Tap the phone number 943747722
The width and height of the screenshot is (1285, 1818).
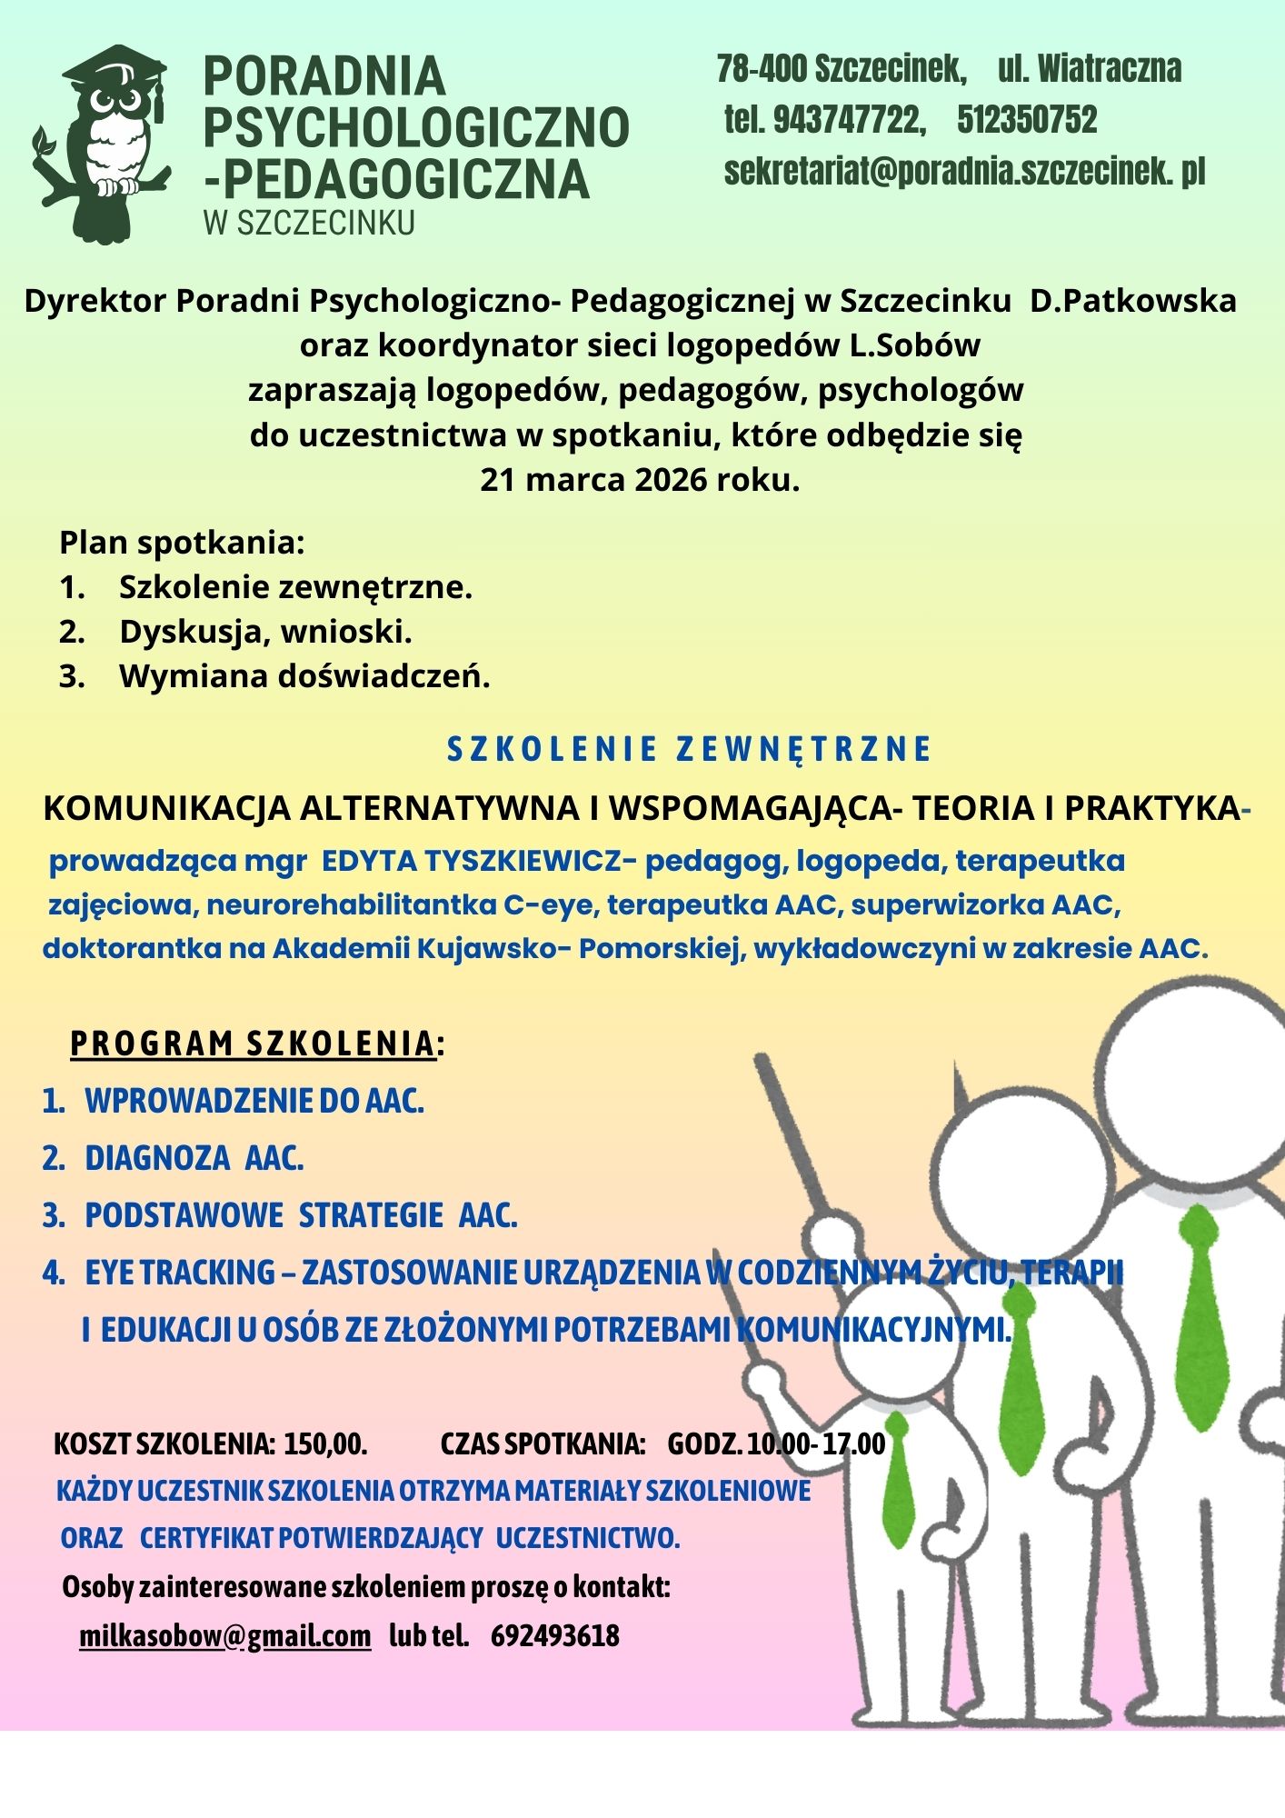pyautogui.click(x=848, y=120)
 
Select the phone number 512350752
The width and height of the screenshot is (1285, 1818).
pyautogui.click(x=1027, y=120)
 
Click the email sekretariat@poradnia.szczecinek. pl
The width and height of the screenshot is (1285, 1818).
pyautogui.click(x=964, y=172)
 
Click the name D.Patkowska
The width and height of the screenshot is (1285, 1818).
pyautogui.click(x=1132, y=301)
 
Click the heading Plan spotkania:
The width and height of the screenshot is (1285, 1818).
pyautogui.click(x=182, y=543)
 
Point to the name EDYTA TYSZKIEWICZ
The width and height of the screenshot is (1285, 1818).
pyautogui.click(x=470, y=861)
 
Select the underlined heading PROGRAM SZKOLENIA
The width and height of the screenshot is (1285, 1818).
pyautogui.click(x=253, y=1044)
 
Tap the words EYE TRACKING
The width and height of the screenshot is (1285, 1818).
pyautogui.click(x=180, y=1273)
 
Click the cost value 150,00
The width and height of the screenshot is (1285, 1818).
pyautogui.click(x=325, y=1443)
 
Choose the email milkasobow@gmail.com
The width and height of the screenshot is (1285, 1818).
pyautogui.click(x=225, y=1636)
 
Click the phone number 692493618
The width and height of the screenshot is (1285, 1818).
pyautogui.click(x=555, y=1636)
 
